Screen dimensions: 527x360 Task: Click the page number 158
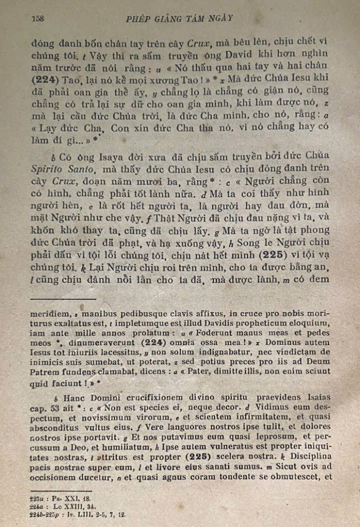point(37,18)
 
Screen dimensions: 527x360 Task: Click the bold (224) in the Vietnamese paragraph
point(46,79)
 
